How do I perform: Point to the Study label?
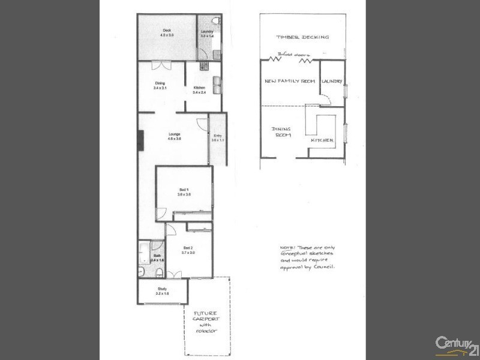click(x=162, y=291)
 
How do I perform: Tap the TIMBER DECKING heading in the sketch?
click(x=302, y=37)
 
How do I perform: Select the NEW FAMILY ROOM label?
click(x=290, y=81)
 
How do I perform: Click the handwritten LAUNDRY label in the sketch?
click(x=332, y=82)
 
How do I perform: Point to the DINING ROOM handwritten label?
click(x=281, y=131)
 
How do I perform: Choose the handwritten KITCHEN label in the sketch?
click(x=322, y=140)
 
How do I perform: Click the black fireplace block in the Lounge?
click(x=140, y=140)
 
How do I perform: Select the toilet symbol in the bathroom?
click(x=160, y=273)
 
